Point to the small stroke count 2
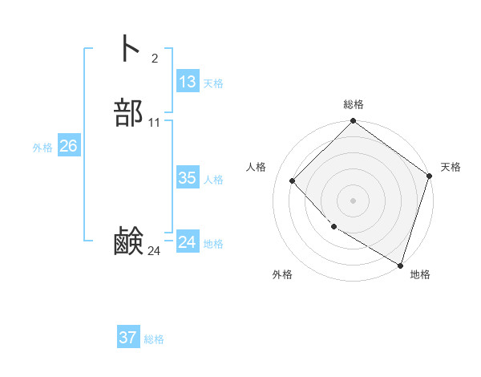(154, 59)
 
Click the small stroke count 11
(154, 123)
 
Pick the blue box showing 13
(188, 82)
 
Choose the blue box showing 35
(188, 178)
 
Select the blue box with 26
(68, 146)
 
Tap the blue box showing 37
(128, 338)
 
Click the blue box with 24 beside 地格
(188, 242)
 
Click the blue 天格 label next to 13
(213, 83)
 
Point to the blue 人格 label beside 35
(214, 180)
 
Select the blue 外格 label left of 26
(42, 148)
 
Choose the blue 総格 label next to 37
(154, 339)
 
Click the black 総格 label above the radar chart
(354, 104)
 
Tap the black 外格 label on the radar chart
(282, 274)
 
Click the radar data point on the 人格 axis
(293, 180)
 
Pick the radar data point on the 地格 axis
(400, 264)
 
